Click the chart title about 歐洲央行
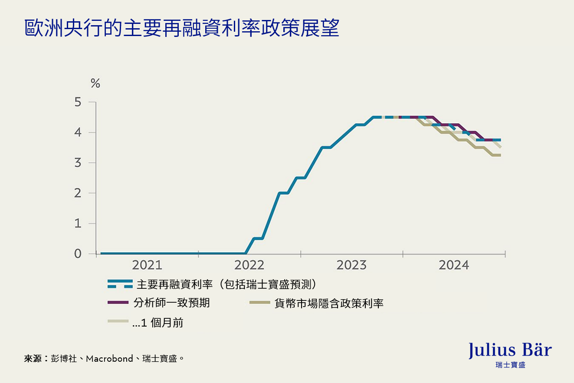point(181,28)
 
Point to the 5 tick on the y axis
point(78,102)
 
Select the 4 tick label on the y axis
point(78,132)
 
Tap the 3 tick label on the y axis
point(78,163)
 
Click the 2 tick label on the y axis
point(78,193)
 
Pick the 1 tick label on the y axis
point(78,224)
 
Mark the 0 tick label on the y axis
point(78,254)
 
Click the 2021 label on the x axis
point(147,265)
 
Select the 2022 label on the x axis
point(249,265)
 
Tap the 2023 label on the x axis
point(351,265)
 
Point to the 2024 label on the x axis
point(454,265)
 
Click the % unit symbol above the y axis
point(95,83)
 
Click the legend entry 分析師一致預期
point(172,303)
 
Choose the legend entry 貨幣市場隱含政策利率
point(329,303)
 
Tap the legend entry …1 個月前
point(157,323)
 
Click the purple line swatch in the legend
point(118,302)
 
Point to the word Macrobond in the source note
point(109,359)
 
